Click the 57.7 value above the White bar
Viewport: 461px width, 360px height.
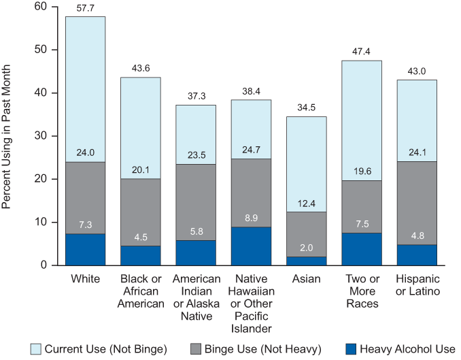pos(85,8)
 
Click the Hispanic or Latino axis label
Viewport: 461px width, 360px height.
pos(417,285)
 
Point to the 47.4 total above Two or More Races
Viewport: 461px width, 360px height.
pos(361,52)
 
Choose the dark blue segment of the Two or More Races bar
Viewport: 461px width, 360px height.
pos(361,249)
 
